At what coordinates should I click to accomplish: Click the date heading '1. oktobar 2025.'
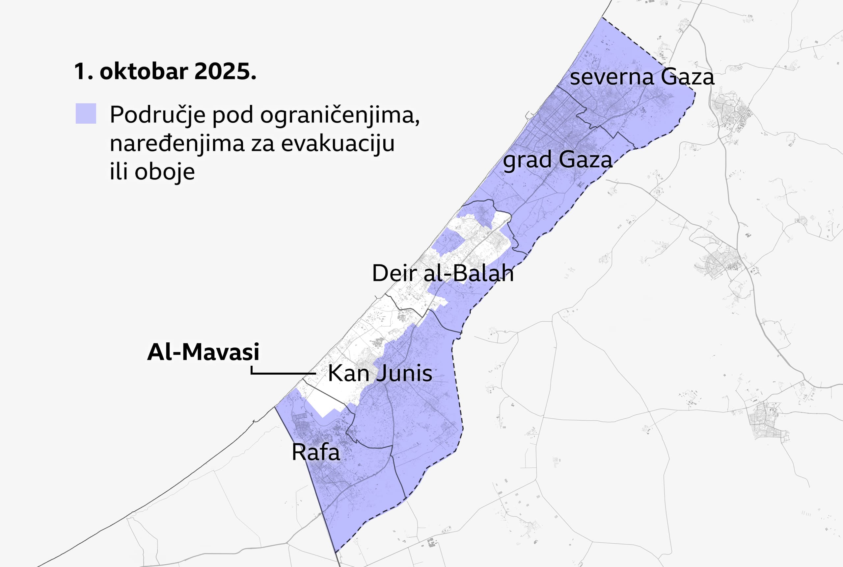point(165,72)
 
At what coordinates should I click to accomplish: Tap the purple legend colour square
point(86,113)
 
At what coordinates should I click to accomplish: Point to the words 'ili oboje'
point(152,171)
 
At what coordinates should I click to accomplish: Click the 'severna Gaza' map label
point(642,77)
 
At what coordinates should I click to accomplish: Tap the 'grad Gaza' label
point(557,160)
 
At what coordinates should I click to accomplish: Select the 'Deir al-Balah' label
point(442,273)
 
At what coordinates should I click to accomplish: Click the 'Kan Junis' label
point(380,373)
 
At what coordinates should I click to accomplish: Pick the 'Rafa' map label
point(315,452)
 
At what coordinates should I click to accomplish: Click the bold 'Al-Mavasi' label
point(203,352)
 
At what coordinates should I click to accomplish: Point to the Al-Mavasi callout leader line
point(282,373)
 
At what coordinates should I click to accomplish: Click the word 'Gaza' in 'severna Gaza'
point(687,77)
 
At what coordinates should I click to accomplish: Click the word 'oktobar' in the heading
point(144,72)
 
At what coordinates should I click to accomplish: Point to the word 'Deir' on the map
point(394,273)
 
